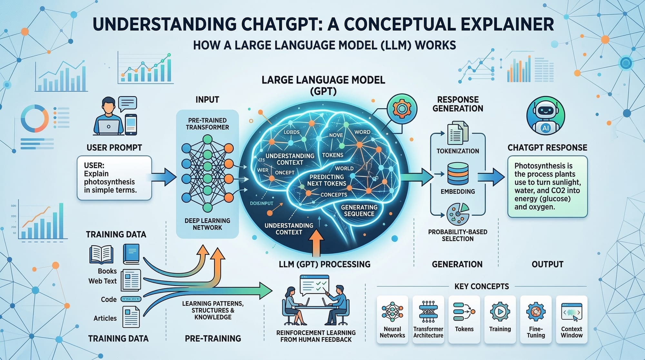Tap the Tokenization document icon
pos(458,133)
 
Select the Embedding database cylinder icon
pos(458,174)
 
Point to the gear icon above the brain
pos(402,109)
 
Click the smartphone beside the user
pos(131,125)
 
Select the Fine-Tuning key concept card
pos(536,319)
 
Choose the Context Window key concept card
pos(571,319)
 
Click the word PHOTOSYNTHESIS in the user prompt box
pos(109,182)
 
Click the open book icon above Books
pos(101,254)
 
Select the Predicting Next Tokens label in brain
pos(326,180)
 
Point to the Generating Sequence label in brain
pos(359,210)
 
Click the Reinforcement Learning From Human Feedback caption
pos(316,336)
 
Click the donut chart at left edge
pos(34,118)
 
